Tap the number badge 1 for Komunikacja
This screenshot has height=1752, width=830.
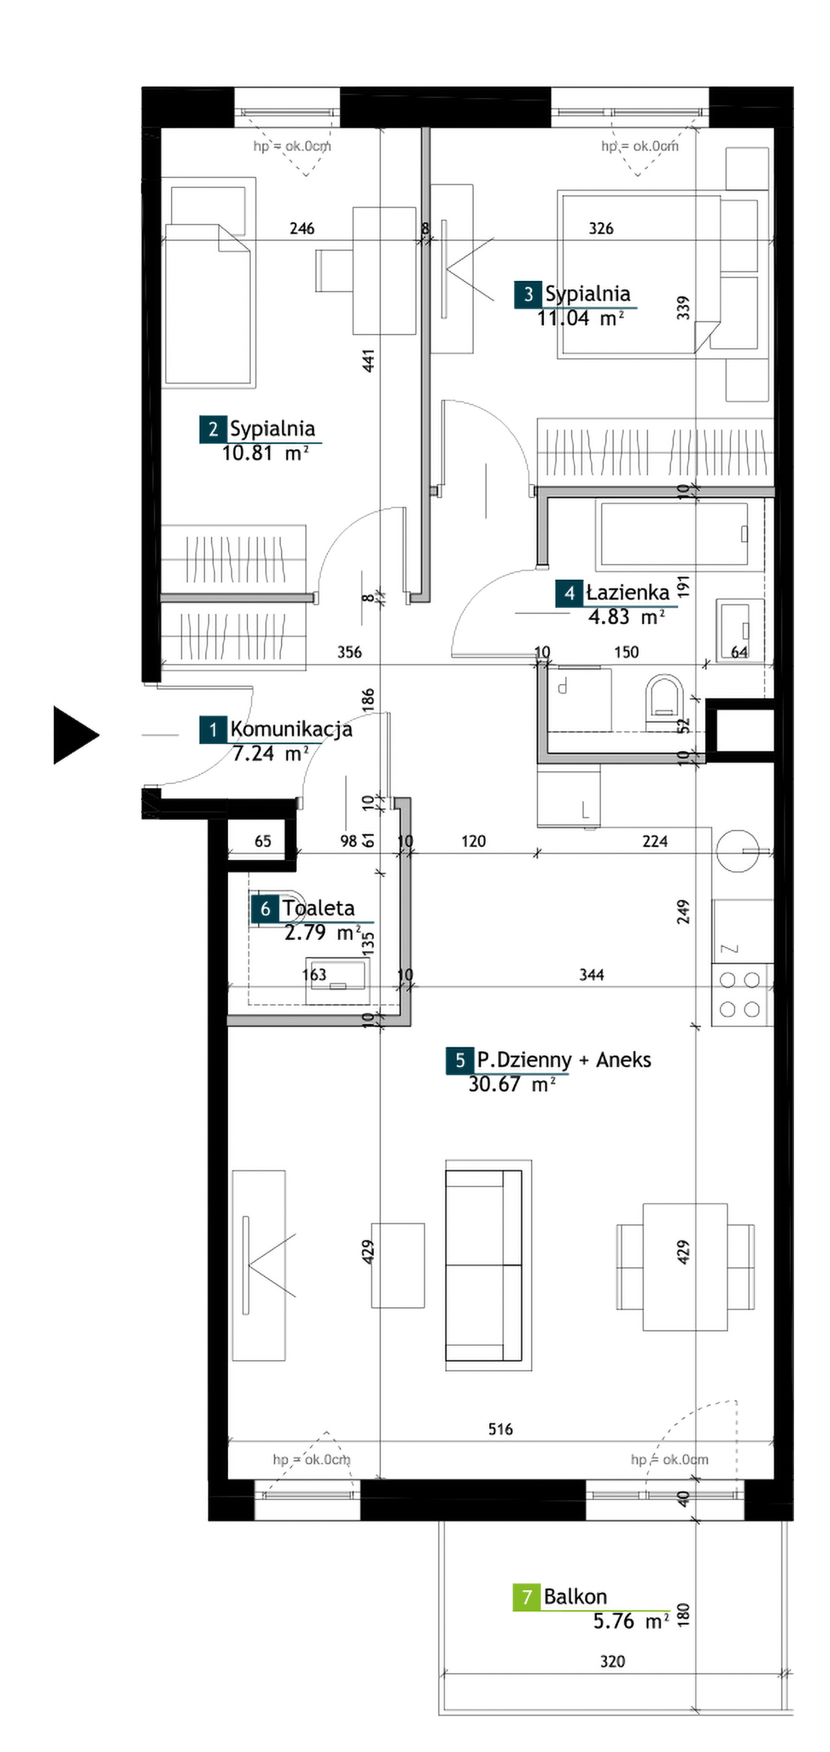coord(213,730)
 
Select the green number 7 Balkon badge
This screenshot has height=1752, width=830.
coord(526,1597)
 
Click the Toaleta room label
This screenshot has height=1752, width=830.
coord(318,908)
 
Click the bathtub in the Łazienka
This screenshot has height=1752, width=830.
coord(671,535)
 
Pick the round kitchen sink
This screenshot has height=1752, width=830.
coord(737,851)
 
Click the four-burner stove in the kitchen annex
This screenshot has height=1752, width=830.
coord(740,994)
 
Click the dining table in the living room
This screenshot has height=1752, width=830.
coord(685,1267)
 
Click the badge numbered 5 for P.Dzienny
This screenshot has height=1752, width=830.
coord(460,1060)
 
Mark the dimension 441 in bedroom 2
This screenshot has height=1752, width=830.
coord(368,360)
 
